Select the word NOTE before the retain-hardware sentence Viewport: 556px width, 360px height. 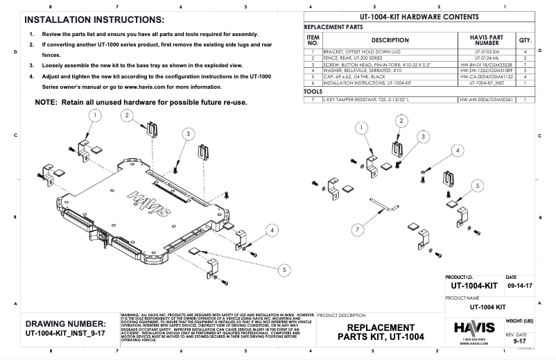(x=48, y=103)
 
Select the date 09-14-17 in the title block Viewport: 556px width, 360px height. (x=520, y=285)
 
